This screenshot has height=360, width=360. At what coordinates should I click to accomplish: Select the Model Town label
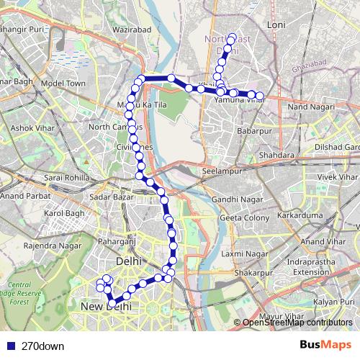[x=63, y=84]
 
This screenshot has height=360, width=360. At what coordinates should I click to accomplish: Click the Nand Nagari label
[x=307, y=107]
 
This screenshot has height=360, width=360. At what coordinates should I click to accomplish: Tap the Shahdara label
[x=278, y=155]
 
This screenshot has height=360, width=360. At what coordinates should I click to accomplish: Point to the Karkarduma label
[x=301, y=215]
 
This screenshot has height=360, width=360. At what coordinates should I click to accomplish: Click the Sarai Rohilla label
[x=66, y=177]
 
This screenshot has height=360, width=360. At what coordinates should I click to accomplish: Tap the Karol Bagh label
[x=64, y=214]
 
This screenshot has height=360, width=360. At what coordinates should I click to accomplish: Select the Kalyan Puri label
[x=335, y=301]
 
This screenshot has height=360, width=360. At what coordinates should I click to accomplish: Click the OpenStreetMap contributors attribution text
[x=297, y=323]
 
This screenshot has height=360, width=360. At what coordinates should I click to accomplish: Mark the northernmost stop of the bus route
[x=232, y=37]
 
